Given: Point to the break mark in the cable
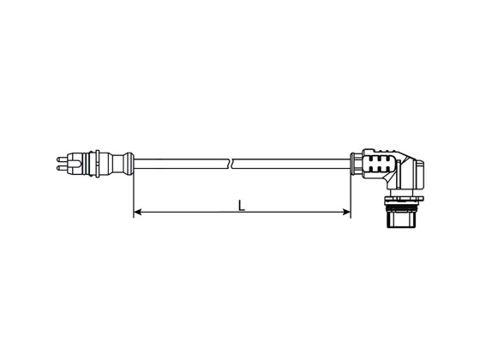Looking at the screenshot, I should coord(232,161).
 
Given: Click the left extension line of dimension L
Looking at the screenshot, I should coord(134,193).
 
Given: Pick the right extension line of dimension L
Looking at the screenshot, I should coord(351,193).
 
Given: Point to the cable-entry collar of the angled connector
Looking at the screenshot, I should coord(355,162).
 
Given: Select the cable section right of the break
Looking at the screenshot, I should coord(291,161).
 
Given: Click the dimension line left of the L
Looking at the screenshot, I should coord(184,212).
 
